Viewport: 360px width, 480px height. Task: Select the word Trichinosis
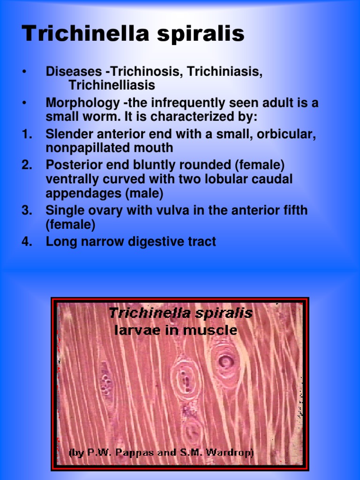(147, 72)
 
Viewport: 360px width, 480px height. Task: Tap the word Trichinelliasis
(112, 86)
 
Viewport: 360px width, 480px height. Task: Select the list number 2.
(27, 165)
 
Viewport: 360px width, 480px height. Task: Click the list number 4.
(27, 242)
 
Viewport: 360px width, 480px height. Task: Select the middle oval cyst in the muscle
(186, 377)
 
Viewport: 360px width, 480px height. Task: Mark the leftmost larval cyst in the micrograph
(105, 382)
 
